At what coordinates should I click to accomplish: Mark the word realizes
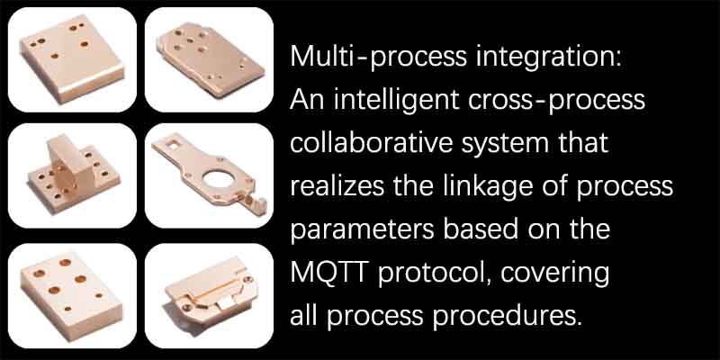coord(331,186)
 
